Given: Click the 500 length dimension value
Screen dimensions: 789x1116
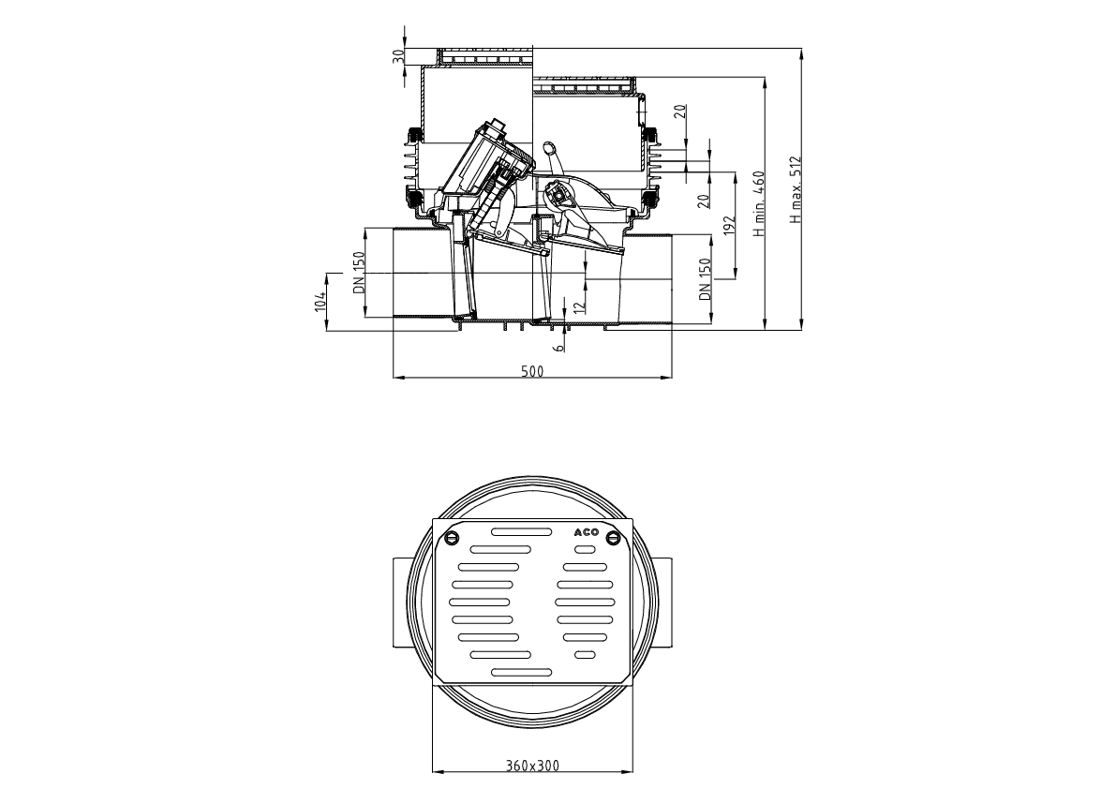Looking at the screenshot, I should click(531, 371).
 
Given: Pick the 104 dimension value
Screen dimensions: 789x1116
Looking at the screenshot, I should click(320, 301).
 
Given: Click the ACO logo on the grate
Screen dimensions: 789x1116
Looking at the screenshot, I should click(586, 532).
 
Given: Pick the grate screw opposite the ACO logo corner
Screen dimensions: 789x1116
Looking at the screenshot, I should click(452, 537).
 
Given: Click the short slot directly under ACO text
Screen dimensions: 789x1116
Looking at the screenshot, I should click(584, 549).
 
